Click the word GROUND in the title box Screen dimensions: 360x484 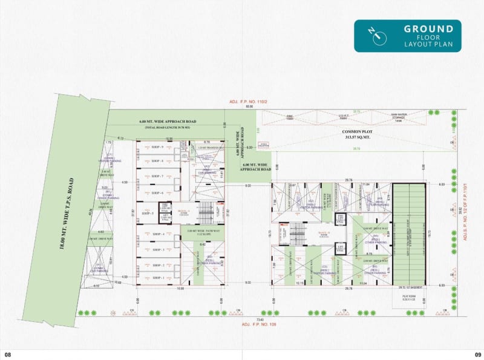(x=428, y=29)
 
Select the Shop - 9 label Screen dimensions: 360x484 (x=158, y=147)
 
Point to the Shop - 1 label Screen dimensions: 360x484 (x=158, y=278)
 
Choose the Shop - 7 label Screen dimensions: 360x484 (x=158, y=176)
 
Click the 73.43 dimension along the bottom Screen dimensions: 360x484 (x=260, y=318)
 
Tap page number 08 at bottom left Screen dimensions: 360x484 (x=8, y=355)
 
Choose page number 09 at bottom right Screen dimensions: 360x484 (x=477, y=355)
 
